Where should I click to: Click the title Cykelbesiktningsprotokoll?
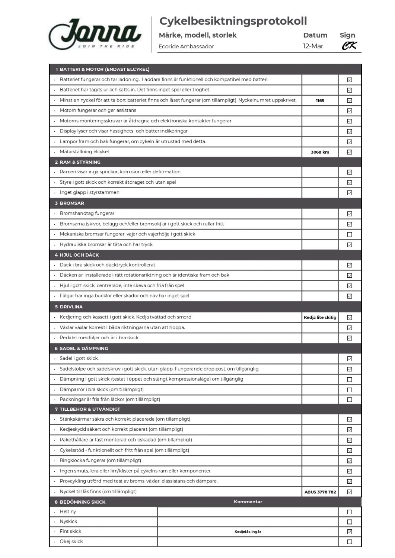tap(233, 21)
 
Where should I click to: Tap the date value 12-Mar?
tap(313, 46)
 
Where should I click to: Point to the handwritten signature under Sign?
tap(349, 46)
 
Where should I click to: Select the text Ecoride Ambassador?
tap(186, 46)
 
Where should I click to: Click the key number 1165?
tap(320, 100)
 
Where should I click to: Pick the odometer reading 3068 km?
tap(320, 152)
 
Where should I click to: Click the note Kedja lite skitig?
tap(320, 317)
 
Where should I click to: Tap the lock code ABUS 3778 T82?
tap(320, 492)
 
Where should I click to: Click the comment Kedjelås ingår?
tap(248, 532)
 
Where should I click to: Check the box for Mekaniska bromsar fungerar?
tap(350, 235)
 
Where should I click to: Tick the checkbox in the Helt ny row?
tap(350, 512)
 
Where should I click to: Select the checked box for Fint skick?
tap(350, 532)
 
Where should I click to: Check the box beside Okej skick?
tap(350, 542)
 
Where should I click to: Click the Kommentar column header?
tap(248, 502)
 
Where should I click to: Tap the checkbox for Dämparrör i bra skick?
tap(350, 390)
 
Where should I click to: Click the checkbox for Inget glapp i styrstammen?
tap(350, 193)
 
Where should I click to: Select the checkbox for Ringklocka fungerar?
tap(350, 461)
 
